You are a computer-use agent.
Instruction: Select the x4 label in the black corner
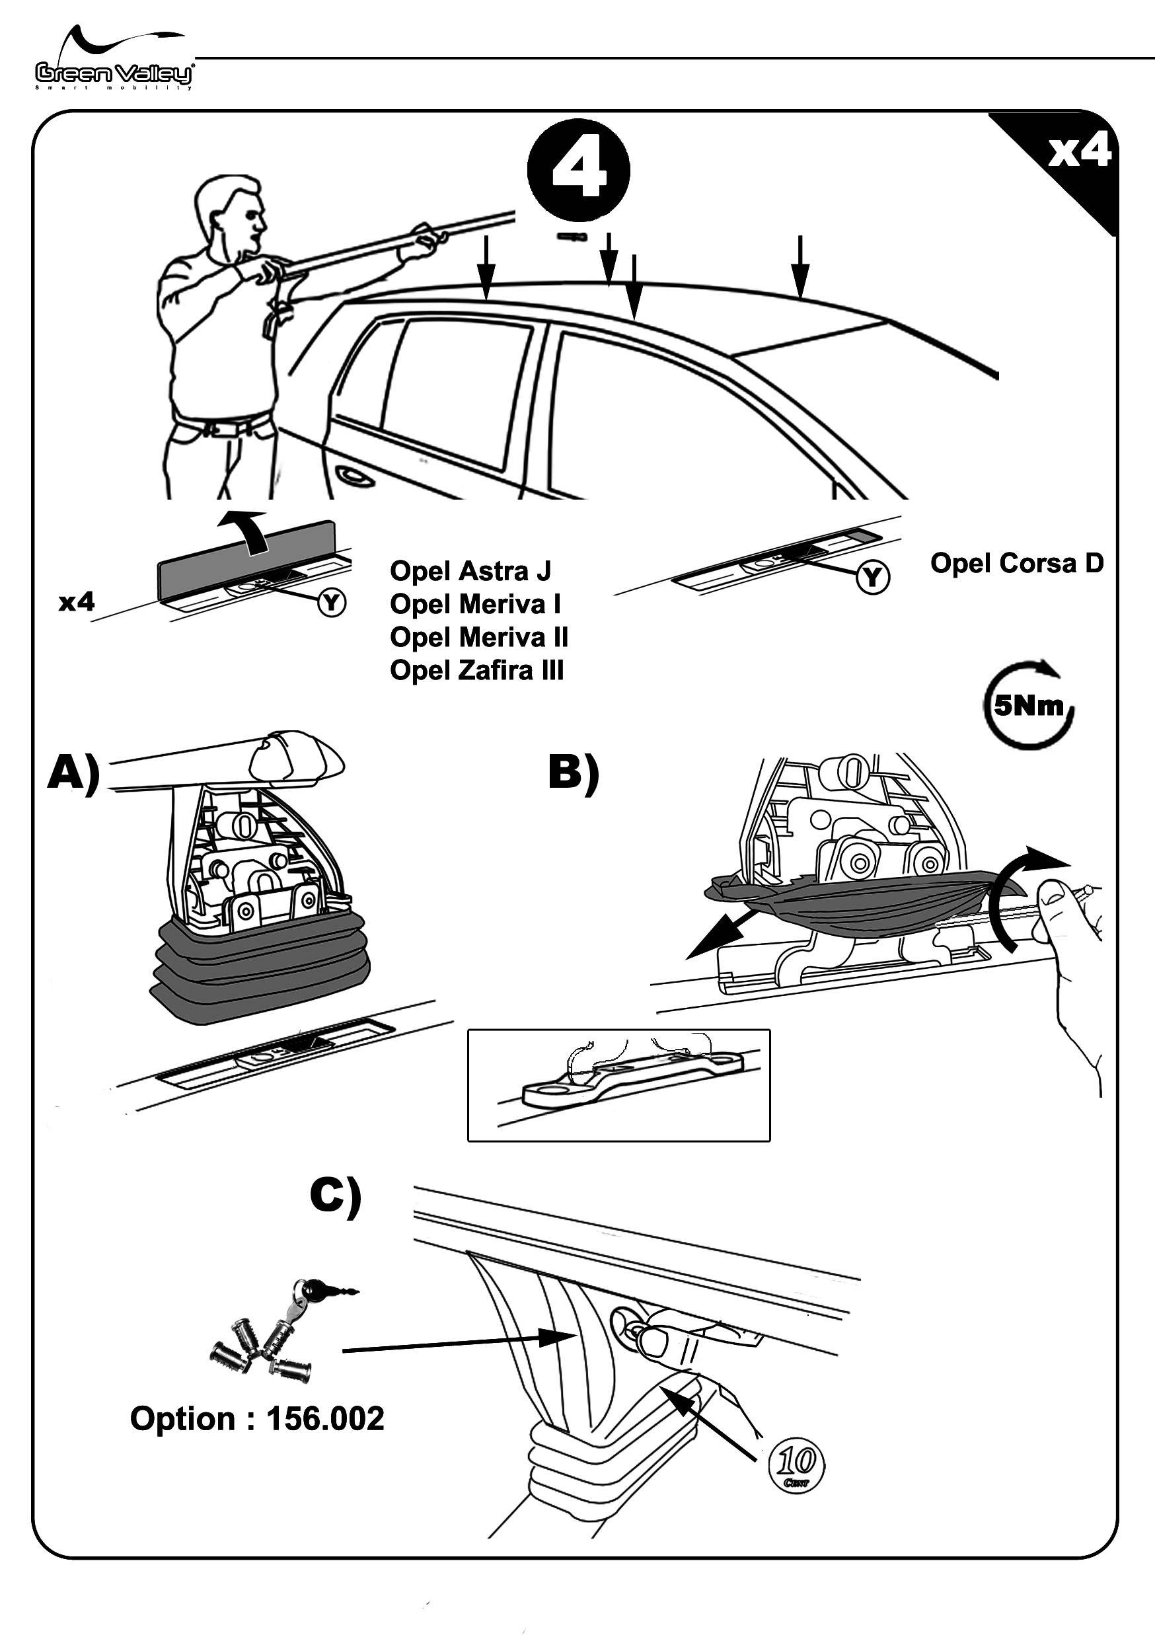[1078, 151]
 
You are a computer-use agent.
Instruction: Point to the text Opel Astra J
[470, 570]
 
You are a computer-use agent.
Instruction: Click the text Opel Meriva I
[474, 604]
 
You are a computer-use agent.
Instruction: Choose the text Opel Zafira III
[477, 670]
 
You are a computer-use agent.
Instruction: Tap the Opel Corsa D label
[1016, 563]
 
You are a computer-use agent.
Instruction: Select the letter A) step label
[73, 775]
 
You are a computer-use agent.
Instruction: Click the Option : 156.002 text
[257, 1418]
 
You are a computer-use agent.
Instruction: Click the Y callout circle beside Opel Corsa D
[872, 577]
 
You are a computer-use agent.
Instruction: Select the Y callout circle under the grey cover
[331, 603]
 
